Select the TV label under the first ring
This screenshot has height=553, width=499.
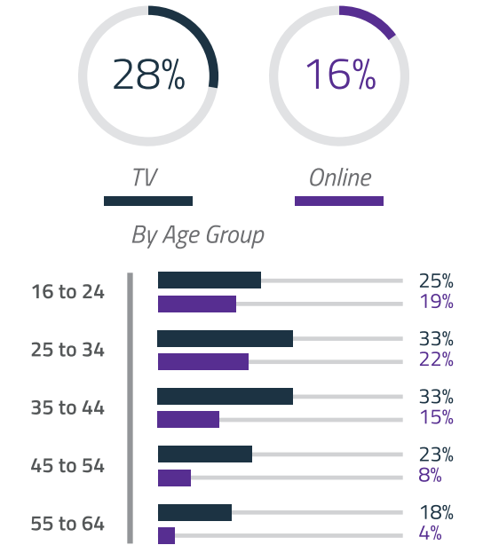pyautogui.click(x=144, y=178)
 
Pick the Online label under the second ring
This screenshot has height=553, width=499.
pyautogui.click(x=339, y=178)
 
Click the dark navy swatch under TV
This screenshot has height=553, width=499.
pyautogui.click(x=148, y=201)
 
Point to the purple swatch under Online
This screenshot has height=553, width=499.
pyautogui.click(x=339, y=201)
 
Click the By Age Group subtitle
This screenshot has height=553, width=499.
pyautogui.click(x=198, y=235)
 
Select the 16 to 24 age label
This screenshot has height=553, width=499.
pyautogui.click(x=67, y=291)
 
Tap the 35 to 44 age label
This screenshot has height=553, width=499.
pyautogui.click(x=67, y=408)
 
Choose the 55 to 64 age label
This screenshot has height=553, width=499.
pyautogui.click(x=67, y=524)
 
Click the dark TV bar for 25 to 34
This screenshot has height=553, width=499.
pyautogui.click(x=226, y=338)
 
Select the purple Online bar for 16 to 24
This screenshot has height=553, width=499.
pyautogui.click(x=197, y=304)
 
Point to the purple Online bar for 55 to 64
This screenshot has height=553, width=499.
pyautogui.click(x=166, y=535)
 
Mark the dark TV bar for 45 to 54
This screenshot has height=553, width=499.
pyautogui.click(x=205, y=454)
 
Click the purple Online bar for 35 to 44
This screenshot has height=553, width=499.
pyautogui.click(x=188, y=419)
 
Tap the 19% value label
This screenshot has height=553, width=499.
pyautogui.click(x=436, y=302)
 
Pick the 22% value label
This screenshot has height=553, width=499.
pyautogui.click(x=436, y=359)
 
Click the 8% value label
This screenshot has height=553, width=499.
pyautogui.click(x=431, y=475)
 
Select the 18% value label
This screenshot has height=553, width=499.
pyautogui.click(x=436, y=513)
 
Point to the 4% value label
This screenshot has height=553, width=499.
pyautogui.click(x=431, y=533)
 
